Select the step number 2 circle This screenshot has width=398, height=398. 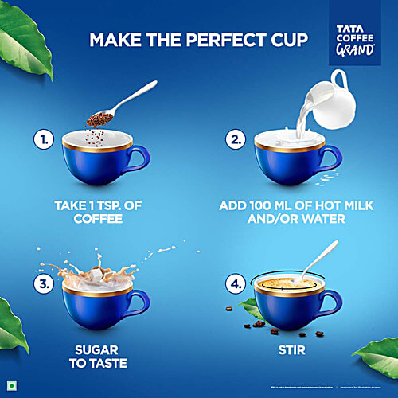(236, 141)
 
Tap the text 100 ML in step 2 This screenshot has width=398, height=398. (283, 204)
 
